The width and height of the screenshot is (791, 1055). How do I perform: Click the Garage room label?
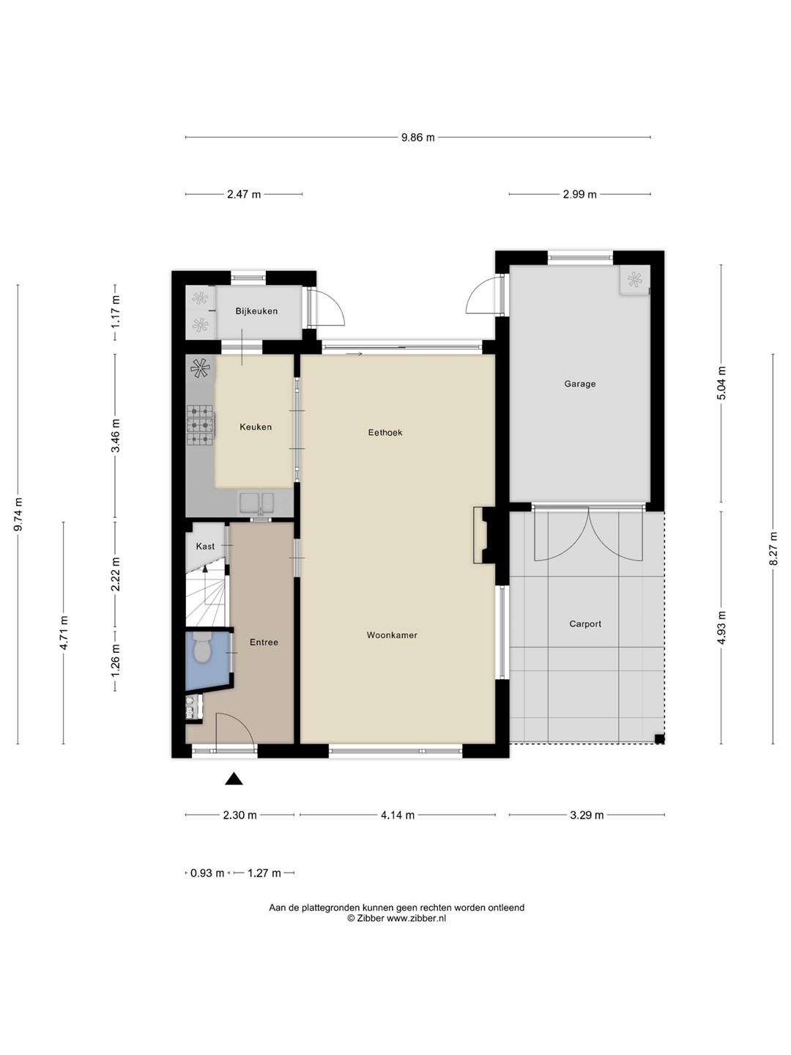coord(579,384)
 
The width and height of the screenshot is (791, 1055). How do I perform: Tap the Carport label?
coord(585,624)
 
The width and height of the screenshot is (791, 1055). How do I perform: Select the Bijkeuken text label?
coord(256,311)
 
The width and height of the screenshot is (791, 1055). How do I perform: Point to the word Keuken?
coord(256,427)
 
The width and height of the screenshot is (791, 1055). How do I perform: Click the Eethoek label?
coord(385,432)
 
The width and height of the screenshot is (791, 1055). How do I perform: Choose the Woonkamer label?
coord(392,635)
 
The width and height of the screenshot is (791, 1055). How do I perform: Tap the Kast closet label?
coord(205,547)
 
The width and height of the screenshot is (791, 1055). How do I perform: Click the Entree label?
coord(264,642)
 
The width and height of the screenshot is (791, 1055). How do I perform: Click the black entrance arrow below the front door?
coord(234,779)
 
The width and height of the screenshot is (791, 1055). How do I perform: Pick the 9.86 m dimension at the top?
coord(417,138)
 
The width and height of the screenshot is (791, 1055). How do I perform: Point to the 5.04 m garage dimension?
coord(722,383)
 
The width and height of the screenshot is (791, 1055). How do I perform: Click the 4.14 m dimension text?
coord(398,815)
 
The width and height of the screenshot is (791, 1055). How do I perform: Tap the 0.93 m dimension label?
coord(207,873)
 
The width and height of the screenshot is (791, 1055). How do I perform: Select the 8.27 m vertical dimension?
coord(773,549)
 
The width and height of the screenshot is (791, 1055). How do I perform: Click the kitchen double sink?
coord(256,503)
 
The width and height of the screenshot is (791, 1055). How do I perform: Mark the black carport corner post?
coord(659,740)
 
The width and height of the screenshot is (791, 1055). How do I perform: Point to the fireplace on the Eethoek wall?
coord(484,535)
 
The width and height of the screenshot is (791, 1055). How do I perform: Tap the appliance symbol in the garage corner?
coord(634,279)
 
